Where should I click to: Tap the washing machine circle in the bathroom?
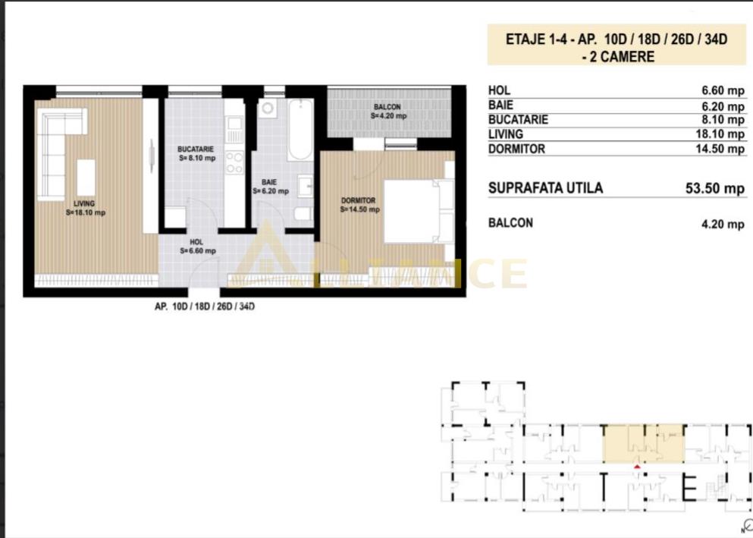(267, 109)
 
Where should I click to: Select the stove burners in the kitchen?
(234, 162)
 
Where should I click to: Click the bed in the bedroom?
(416, 210)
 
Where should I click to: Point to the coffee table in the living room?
(86, 178)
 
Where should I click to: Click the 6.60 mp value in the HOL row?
(723, 91)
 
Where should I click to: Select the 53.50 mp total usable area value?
(714, 188)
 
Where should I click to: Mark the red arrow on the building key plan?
(637, 467)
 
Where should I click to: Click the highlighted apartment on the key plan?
(643, 444)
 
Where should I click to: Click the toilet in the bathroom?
(302, 214)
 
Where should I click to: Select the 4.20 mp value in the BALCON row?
(723, 223)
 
